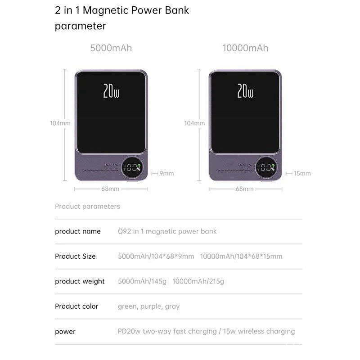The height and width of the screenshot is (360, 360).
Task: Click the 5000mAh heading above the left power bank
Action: click(111, 48)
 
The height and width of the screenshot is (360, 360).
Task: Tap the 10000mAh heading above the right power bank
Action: click(245, 48)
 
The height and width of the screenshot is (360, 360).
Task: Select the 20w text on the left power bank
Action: click(111, 91)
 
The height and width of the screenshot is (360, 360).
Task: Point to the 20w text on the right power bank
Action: click(245, 91)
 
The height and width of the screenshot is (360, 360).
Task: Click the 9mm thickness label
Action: click(166, 173)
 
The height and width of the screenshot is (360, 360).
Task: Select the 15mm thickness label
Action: click(302, 173)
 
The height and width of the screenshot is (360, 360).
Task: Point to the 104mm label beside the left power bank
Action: click(60, 123)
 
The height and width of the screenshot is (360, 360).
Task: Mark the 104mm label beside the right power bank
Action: click(194, 123)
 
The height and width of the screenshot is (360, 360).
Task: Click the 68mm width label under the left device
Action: click(110, 189)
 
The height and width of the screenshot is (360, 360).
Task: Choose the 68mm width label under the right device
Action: click(245, 189)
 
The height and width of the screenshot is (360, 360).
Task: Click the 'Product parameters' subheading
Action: click(87, 207)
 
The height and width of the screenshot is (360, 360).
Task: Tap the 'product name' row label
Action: click(78, 231)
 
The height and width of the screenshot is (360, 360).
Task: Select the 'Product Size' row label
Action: click(75, 256)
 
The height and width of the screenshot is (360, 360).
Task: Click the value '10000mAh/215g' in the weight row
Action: click(198, 281)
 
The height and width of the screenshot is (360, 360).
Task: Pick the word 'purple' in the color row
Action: click(150, 306)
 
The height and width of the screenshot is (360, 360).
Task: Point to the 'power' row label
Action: click(65, 332)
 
